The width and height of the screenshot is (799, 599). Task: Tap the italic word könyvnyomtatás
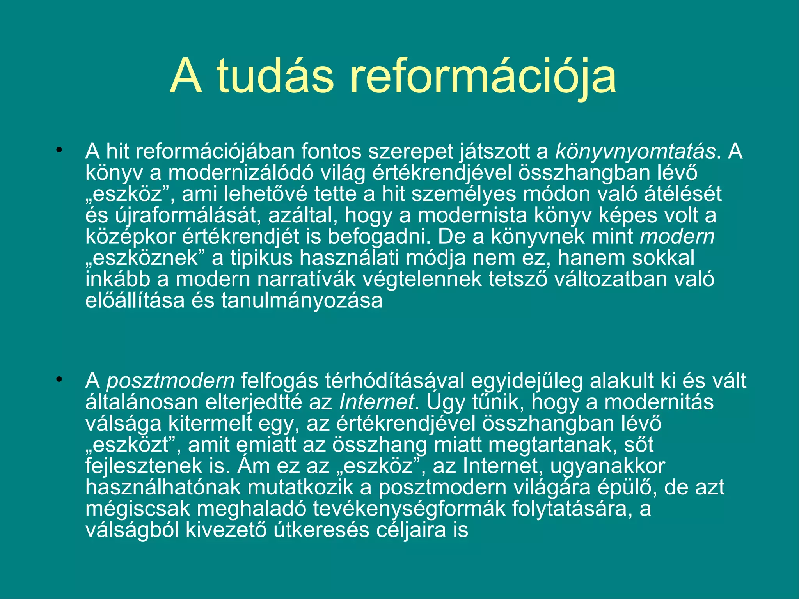coord(636,152)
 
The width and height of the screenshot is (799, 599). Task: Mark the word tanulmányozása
coord(302,301)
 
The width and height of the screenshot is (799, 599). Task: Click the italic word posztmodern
coord(170,381)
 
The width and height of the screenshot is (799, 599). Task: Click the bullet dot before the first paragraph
coord(59,150)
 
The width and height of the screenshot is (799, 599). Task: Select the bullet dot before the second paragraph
coord(59,379)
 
